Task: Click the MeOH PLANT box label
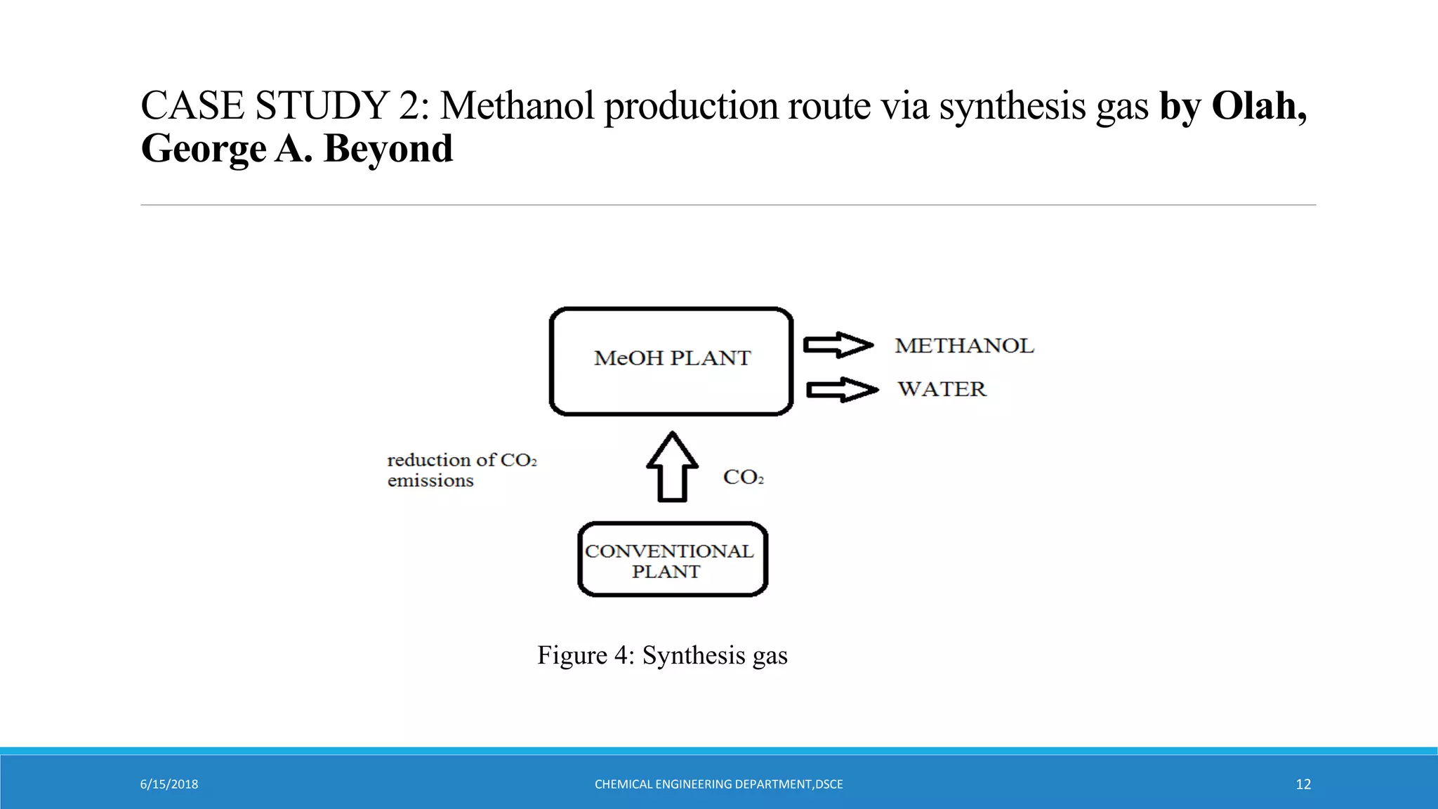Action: click(672, 358)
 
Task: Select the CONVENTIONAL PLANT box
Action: click(672, 560)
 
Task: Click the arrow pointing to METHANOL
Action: click(838, 345)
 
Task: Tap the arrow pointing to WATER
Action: click(842, 390)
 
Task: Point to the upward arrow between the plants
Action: click(672, 467)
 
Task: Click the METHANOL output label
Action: click(964, 346)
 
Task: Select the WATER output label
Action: click(942, 389)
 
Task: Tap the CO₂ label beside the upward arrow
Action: click(743, 478)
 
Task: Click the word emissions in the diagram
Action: click(430, 481)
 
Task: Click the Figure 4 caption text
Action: click(662, 655)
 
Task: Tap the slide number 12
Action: click(1303, 784)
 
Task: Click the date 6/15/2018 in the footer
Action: click(169, 784)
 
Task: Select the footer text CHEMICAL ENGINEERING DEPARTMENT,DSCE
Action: click(718, 784)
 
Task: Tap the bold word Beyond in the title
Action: click(388, 149)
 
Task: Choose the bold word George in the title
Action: click(204, 149)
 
